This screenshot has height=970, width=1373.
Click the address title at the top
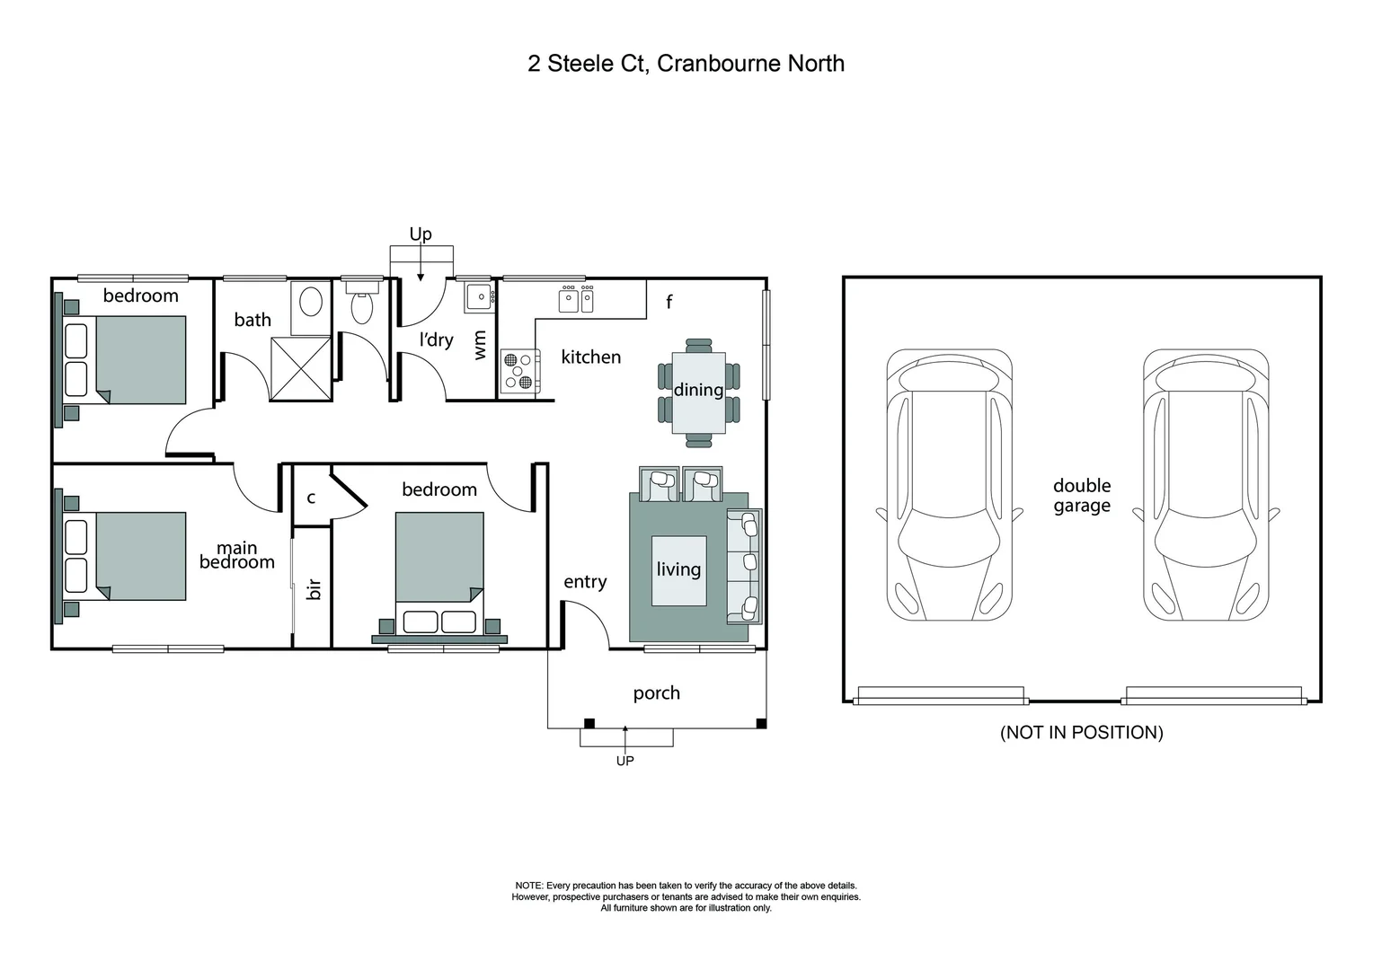click(x=686, y=64)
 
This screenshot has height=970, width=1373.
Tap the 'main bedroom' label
click(x=237, y=555)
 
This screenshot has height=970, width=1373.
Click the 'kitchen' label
click(x=590, y=357)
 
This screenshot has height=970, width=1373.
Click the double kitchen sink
click(x=577, y=299)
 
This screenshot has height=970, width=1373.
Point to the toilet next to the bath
click(x=361, y=306)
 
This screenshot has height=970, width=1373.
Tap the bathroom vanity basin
click(x=311, y=301)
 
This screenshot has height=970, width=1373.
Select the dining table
click(x=698, y=392)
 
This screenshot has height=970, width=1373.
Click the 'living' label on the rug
click(x=678, y=569)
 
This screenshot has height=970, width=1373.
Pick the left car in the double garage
click(x=949, y=485)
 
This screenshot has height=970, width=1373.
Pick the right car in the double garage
click(x=1205, y=485)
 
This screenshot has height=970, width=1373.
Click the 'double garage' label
click(x=1082, y=495)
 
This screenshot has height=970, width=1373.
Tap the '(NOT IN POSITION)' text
click(x=1081, y=732)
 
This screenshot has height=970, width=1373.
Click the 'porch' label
click(x=656, y=693)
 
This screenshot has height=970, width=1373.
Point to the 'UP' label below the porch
click(x=624, y=761)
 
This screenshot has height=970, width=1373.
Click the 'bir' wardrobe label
click(x=314, y=589)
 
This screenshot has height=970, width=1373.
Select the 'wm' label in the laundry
click(x=480, y=346)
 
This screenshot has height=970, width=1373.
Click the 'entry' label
click(x=585, y=582)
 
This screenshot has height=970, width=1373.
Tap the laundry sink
click(x=479, y=297)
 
